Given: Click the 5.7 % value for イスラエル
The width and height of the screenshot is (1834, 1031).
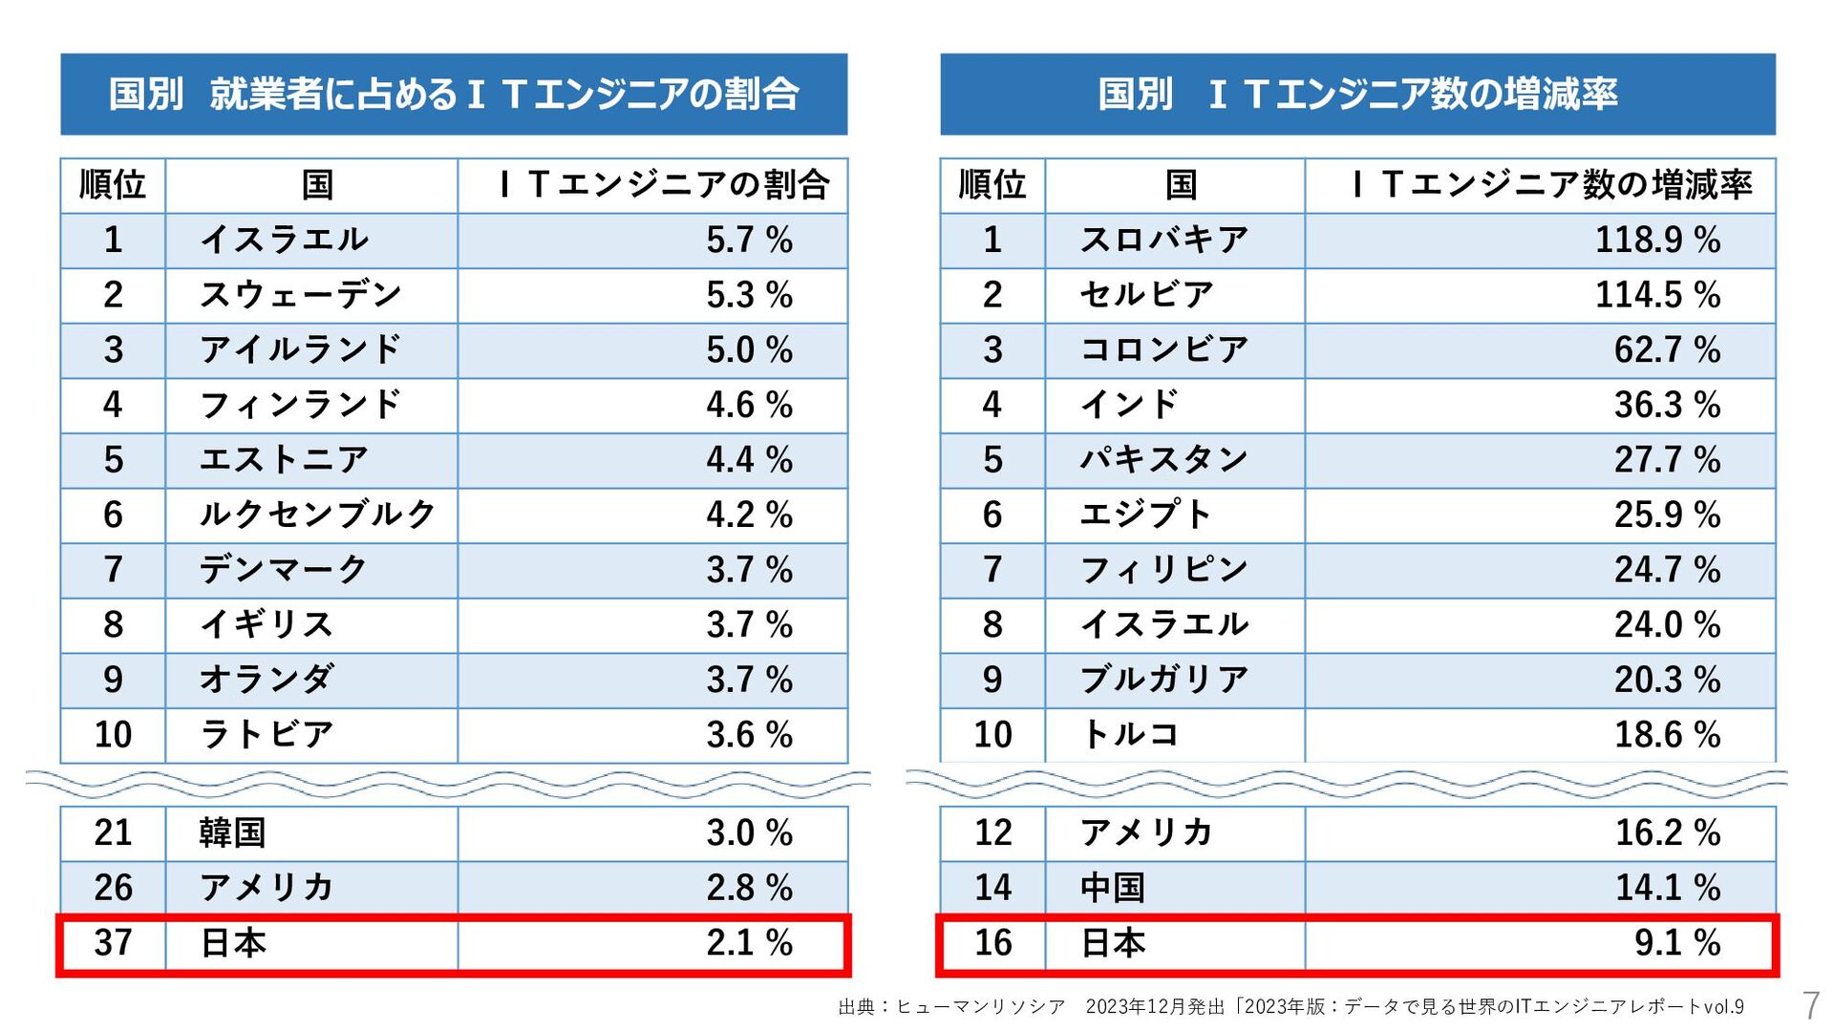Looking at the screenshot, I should (749, 240).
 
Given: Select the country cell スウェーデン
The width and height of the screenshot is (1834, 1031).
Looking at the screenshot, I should (301, 295).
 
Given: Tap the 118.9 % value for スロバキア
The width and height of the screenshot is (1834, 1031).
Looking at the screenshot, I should (1657, 240).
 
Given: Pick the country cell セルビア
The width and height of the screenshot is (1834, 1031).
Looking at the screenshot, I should (1146, 295).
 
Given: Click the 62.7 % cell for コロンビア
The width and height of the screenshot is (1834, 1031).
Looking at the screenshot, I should (1667, 350).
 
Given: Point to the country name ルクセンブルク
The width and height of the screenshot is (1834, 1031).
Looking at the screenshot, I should (317, 515).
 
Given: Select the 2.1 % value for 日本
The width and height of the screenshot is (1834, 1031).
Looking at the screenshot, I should (749, 943).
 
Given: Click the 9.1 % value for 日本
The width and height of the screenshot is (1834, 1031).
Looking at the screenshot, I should (1676, 943).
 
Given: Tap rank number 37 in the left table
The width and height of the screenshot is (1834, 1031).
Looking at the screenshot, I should (113, 943).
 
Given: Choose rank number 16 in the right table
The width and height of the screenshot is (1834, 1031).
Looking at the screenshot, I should (992, 943).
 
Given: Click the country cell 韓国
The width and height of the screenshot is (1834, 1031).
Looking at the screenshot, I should (232, 832).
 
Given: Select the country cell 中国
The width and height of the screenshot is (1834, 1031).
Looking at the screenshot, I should (1113, 888).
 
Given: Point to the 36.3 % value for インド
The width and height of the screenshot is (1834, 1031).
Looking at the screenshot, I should (1667, 405).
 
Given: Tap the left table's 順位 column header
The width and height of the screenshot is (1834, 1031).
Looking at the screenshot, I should (113, 184).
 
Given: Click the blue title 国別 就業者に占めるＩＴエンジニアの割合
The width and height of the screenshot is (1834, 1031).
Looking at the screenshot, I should (454, 94).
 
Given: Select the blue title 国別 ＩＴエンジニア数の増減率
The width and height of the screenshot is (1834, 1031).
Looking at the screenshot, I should (1357, 94).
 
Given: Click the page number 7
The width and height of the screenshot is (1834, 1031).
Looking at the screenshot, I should (1810, 1005).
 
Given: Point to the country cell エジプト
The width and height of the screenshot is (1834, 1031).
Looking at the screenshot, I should (1144, 515).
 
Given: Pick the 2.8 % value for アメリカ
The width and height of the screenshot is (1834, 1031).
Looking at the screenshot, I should (749, 888).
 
